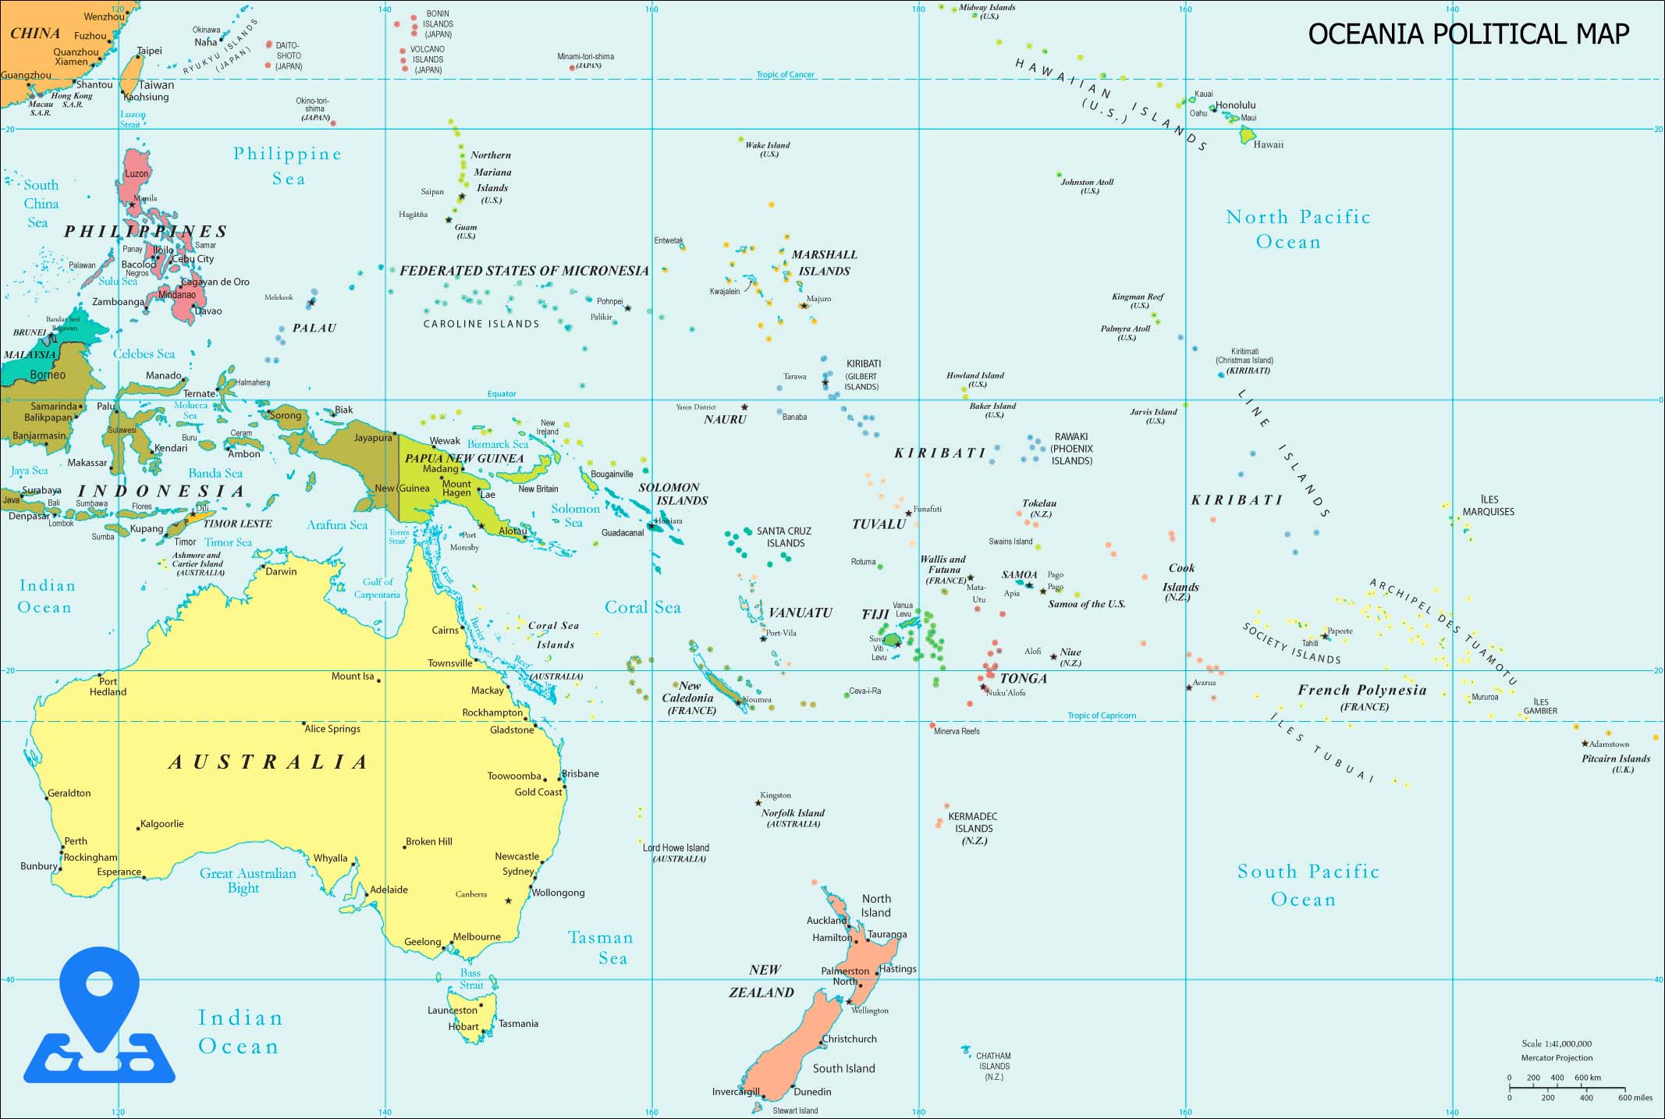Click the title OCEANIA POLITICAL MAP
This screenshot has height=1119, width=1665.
1468,34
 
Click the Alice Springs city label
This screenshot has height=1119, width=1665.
332,729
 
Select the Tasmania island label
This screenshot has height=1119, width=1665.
518,1024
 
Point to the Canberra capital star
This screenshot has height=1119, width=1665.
509,901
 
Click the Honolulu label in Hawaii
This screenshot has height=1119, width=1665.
1235,105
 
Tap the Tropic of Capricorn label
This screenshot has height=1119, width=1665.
1102,716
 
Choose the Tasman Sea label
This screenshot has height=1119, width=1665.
601,947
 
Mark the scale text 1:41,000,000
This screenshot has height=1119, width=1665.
1556,1043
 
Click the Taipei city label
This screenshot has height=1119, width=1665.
149,51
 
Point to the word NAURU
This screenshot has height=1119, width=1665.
725,420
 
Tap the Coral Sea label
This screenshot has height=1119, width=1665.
643,608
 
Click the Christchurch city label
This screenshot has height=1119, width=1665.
850,1039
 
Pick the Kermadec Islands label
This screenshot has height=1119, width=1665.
973,828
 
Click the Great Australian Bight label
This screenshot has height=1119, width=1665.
247,880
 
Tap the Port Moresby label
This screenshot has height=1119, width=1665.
466,541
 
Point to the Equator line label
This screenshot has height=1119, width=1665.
502,394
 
